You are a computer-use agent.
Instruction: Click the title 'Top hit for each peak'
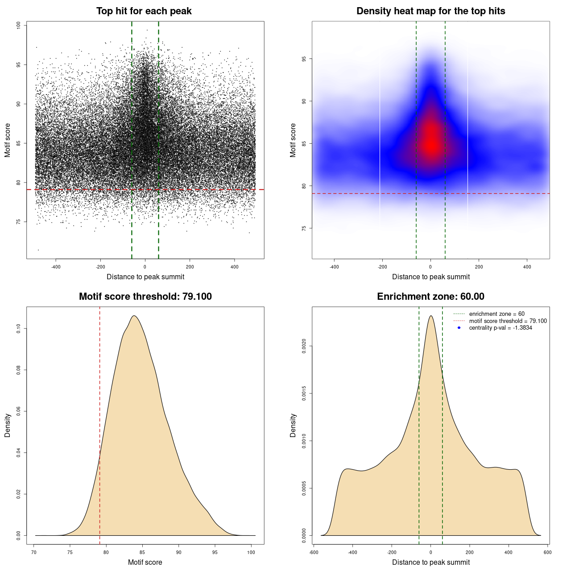point(144,11)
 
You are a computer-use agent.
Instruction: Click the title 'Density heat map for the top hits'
point(430,11)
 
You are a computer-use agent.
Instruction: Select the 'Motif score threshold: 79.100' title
point(145,297)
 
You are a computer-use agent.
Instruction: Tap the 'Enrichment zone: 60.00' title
point(430,297)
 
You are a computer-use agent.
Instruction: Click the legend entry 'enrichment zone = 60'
point(497,314)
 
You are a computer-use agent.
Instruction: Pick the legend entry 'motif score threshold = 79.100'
point(508,321)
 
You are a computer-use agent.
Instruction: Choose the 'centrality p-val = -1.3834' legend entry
point(501,328)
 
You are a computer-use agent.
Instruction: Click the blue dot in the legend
point(459,328)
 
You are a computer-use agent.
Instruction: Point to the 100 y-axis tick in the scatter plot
point(19,25)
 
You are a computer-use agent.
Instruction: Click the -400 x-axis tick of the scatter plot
point(56,267)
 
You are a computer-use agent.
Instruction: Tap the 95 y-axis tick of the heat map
point(304,59)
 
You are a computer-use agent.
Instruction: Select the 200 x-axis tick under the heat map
point(479,267)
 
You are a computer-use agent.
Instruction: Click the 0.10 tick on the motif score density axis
point(19,329)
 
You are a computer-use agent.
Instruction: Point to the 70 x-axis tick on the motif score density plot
point(34,552)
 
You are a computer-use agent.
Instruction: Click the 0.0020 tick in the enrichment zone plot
point(304,346)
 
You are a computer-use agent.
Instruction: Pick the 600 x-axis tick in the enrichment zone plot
point(547,552)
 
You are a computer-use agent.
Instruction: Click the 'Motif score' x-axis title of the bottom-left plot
point(145,562)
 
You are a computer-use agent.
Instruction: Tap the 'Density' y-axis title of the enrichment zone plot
point(293,425)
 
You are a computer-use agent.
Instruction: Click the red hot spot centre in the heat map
point(431,144)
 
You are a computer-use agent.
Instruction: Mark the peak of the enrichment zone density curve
point(430,316)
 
